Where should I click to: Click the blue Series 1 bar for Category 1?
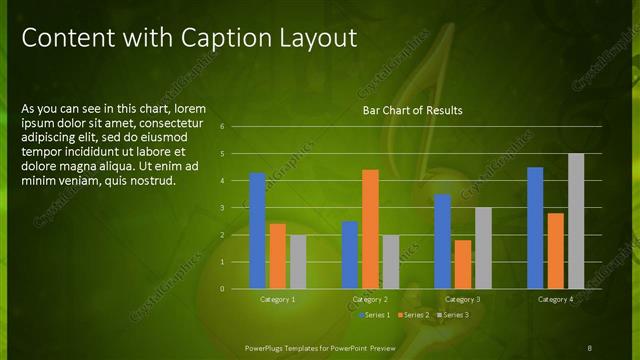(257, 230)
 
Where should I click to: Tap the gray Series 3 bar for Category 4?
(576, 221)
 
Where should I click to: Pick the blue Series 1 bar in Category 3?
(443, 241)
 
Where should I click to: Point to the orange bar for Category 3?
(463, 264)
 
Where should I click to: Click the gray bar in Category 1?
(298, 261)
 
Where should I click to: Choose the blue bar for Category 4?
(535, 227)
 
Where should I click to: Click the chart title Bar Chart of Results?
(412, 110)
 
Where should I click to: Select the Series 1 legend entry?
(374, 315)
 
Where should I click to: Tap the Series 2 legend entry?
(414, 315)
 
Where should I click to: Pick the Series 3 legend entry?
(453, 315)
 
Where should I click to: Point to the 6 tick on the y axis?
(236, 127)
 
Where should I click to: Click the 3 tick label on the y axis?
(236, 207)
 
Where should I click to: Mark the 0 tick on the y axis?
(236, 288)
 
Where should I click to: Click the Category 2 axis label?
(370, 299)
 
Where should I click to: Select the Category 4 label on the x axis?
(555, 299)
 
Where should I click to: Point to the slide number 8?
(589, 347)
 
